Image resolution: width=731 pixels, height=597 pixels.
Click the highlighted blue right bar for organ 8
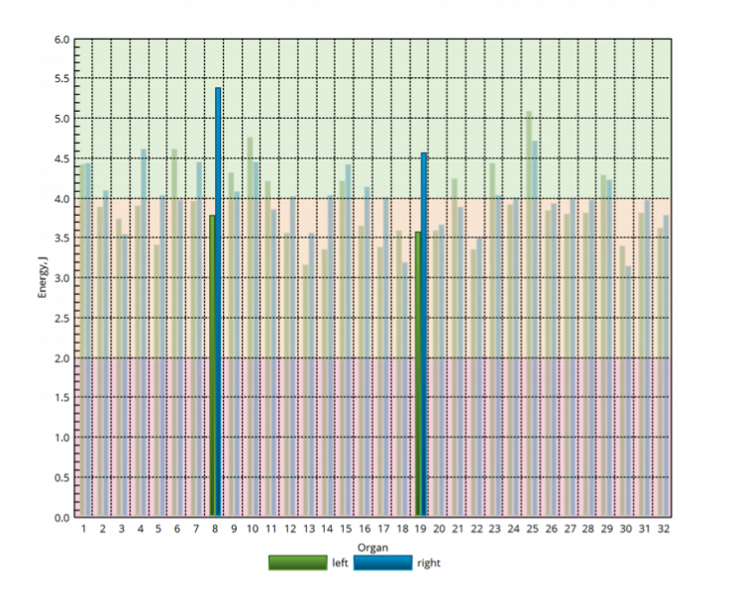coord(218,302)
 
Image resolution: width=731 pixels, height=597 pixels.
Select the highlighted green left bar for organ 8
coord(212,366)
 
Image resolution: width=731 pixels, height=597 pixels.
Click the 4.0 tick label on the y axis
coord(62,199)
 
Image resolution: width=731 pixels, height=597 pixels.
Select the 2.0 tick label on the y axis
coord(62,358)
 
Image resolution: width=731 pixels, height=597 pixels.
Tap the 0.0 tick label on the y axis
coord(62,517)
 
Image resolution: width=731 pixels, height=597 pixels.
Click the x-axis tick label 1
coord(84,530)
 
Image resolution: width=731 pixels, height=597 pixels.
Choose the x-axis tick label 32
coord(663,530)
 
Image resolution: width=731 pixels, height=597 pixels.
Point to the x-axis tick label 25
coord(532,530)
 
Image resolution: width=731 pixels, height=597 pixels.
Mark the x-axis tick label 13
coord(308,530)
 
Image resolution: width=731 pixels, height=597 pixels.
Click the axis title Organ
coord(372,547)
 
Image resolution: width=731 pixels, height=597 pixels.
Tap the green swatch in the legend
coord(296,562)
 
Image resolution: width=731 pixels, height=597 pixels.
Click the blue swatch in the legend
coord(382,562)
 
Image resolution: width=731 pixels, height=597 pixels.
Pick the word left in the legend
coord(340,563)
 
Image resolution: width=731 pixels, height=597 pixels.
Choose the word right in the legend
coord(428,563)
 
